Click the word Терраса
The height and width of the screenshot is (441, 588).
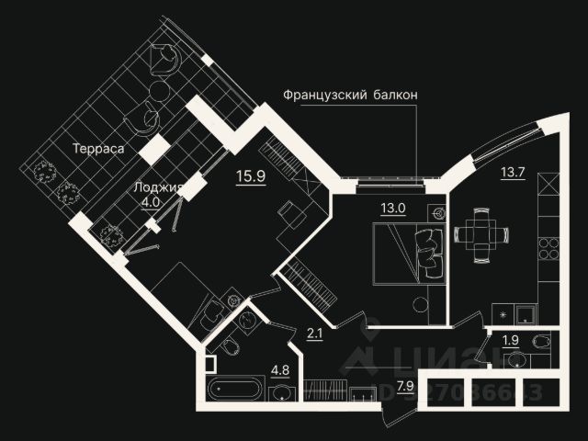point(100,147)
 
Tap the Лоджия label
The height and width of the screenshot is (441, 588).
point(153,187)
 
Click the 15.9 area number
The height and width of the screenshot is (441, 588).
point(250,176)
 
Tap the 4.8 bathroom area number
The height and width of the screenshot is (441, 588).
point(279,371)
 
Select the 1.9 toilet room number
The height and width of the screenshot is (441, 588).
point(510,342)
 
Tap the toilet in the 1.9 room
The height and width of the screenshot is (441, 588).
point(542,341)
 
